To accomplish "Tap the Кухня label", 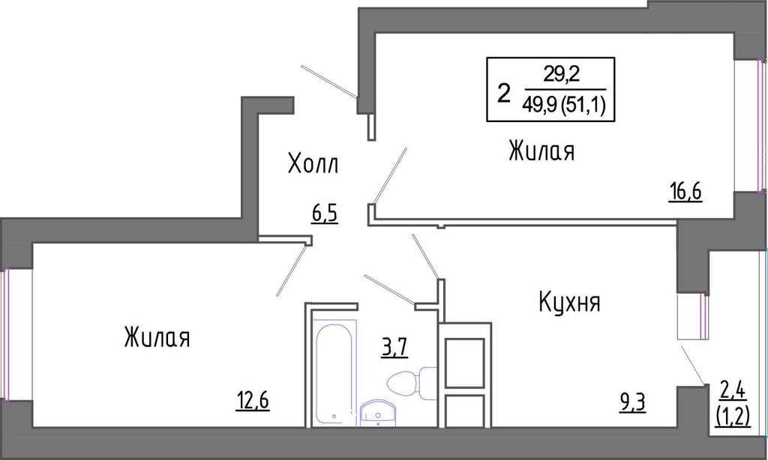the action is point(570,302).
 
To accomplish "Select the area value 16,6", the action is point(685,191).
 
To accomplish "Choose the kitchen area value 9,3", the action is point(632,403).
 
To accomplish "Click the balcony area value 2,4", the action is point(733,391).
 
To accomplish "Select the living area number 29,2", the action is point(561,74).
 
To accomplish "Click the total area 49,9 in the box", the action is point(540,104).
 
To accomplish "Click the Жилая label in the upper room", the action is point(541,151).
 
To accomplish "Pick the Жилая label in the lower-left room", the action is point(157,338).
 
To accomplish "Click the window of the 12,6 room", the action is point(5,334).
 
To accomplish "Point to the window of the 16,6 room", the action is point(760,125).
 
